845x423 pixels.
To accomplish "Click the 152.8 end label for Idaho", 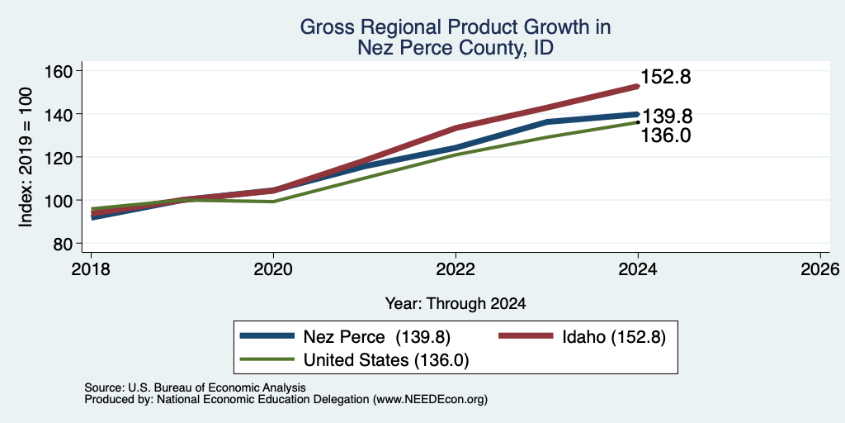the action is click(666, 77).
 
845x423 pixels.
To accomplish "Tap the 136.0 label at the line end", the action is click(666, 135).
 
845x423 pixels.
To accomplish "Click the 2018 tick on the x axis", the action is click(91, 269).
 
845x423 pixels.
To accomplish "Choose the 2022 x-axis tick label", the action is click(456, 269).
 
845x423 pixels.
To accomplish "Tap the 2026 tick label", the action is click(820, 269).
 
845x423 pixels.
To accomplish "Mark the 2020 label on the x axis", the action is click(273, 269).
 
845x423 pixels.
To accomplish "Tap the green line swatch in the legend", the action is click(267, 359).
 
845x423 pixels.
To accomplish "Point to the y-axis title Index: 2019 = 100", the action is click(26, 157).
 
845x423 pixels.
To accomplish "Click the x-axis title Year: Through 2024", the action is click(456, 304).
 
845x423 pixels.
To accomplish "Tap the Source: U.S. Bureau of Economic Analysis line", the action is click(195, 387).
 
